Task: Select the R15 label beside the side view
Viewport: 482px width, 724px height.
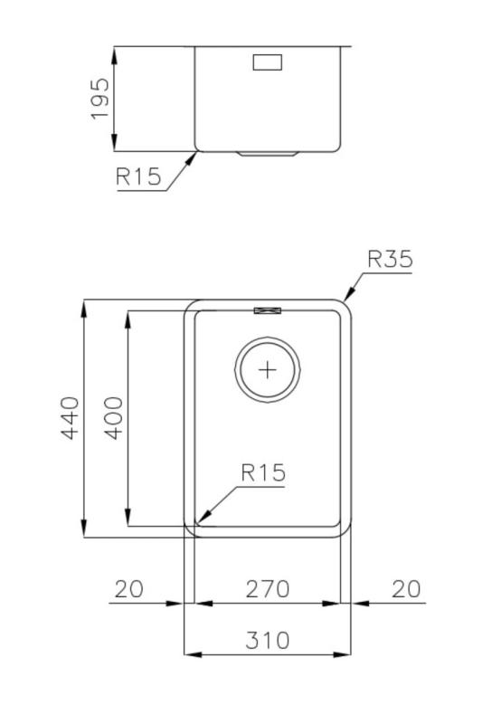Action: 138,176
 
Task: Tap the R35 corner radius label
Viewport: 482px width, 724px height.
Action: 390,260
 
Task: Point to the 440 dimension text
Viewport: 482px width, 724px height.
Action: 70,417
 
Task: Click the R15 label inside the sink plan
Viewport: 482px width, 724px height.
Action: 262,472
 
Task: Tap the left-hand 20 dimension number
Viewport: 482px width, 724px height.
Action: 128,588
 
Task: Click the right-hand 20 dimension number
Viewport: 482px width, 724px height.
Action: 406,588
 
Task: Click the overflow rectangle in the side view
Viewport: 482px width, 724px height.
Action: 269,62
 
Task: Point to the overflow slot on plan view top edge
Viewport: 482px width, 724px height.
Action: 269,310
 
